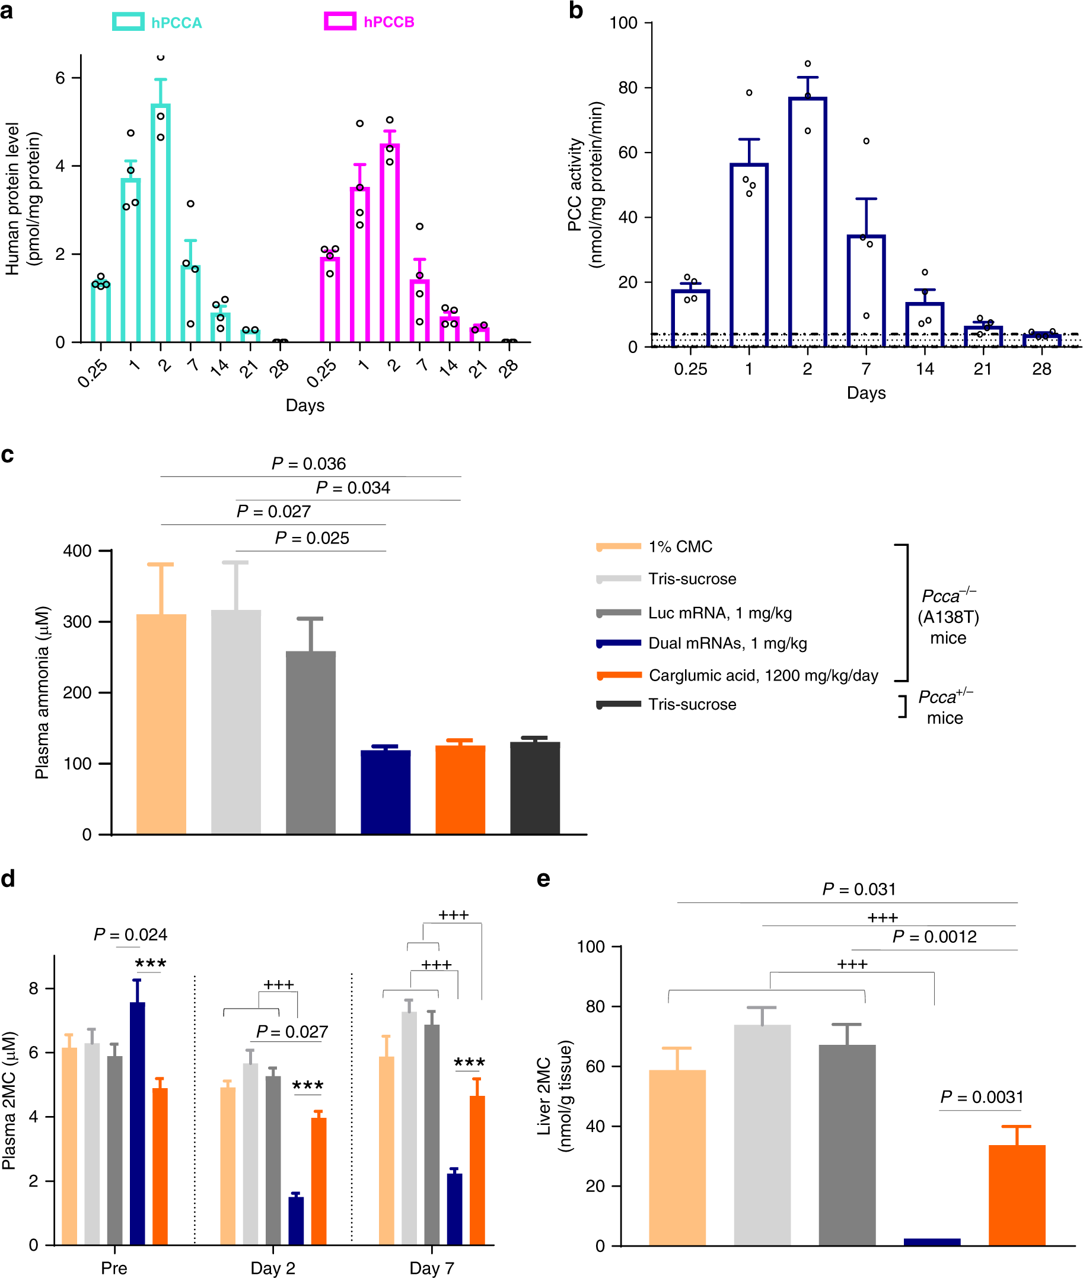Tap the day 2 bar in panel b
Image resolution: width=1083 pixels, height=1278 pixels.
pyautogui.click(x=807, y=221)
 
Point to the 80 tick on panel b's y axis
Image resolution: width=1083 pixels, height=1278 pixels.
pyautogui.click(x=627, y=88)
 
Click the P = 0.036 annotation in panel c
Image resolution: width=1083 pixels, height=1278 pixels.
pyautogui.click(x=309, y=463)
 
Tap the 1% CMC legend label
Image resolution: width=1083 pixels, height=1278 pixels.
pyautogui.click(x=680, y=546)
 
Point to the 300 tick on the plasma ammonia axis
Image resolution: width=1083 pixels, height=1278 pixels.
pyautogui.click(x=77, y=622)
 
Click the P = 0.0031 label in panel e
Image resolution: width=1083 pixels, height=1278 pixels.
pyautogui.click(x=982, y=1097)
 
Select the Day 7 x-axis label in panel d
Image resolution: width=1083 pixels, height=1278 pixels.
pyautogui.click(x=432, y=1267)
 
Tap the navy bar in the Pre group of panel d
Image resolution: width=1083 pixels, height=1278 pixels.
pyautogui.click(x=138, y=1124)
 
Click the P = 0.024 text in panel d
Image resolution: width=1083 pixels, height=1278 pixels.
pyautogui.click(x=130, y=934)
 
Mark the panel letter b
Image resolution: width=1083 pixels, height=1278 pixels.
pyautogui.click(x=575, y=11)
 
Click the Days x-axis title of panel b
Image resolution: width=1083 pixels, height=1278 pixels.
pyautogui.click(x=866, y=393)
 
